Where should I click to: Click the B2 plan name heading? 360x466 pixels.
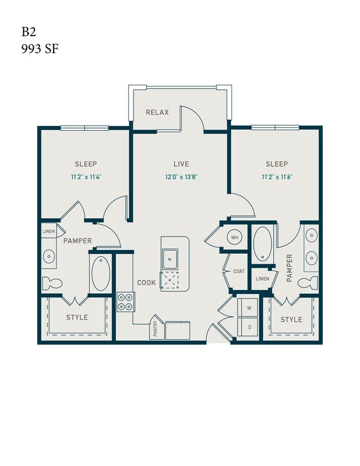point(29,32)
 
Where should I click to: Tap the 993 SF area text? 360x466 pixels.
point(40,49)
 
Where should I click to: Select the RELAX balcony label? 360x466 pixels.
point(157,112)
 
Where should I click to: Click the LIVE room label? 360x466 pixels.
point(181,164)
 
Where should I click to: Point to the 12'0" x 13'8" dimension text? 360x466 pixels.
point(181,178)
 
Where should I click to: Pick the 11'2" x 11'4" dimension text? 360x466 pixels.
point(86,178)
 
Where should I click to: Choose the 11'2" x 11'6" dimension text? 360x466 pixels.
point(276,178)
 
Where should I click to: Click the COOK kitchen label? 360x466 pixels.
point(147,282)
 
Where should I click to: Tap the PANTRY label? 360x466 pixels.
point(156,329)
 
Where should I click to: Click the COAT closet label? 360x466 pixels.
point(239,271)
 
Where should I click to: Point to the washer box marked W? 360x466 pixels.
point(249,308)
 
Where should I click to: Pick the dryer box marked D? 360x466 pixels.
point(249,327)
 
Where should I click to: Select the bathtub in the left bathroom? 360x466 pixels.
point(101,274)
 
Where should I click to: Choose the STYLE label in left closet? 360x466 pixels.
point(77,318)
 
